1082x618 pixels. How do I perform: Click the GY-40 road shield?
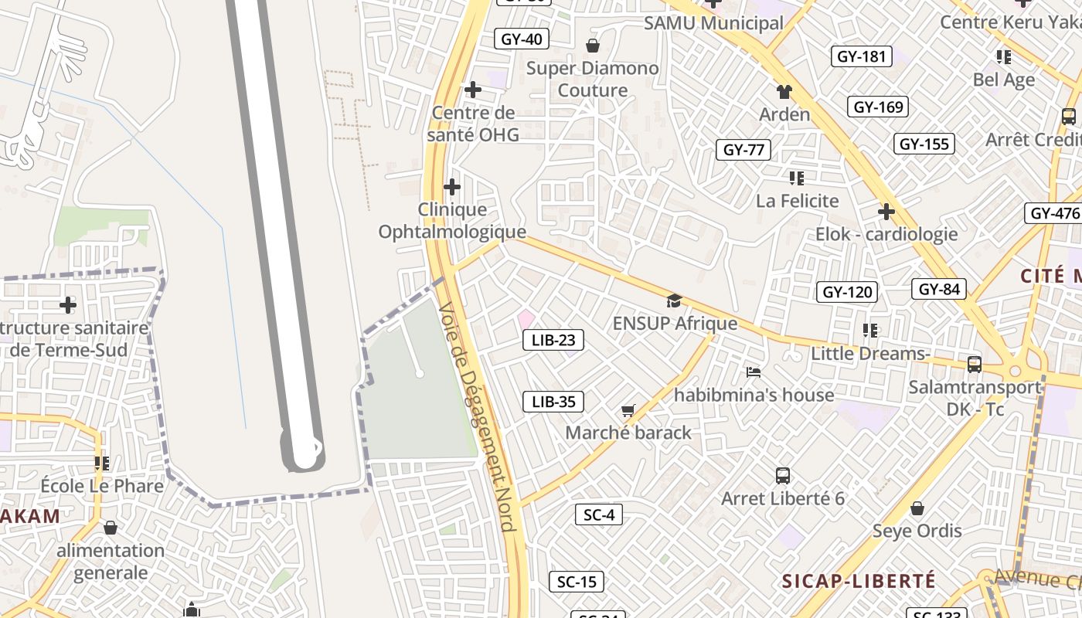click(x=522, y=39)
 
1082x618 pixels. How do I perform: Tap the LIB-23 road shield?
click(x=553, y=340)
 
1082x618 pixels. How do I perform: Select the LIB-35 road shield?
click(x=553, y=402)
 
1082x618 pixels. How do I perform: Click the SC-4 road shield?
click(x=598, y=514)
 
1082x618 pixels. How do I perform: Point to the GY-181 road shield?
click(x=861, y=56)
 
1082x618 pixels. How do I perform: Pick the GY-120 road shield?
click(x=847, y=292)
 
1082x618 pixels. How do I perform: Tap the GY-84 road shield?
click(x=939, y=290)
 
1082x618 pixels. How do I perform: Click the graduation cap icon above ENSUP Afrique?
click(x=674, y=301)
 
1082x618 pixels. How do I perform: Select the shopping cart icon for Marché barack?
click(x=628, y=411)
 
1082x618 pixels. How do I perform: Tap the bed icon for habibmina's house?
click(x=754, y=372)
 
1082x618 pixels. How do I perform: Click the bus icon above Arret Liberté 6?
click(x=783, y=476)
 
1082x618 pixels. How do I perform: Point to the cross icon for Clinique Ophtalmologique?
click(x=452, y=187)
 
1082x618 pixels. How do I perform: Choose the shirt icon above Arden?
click(x=784, y=92)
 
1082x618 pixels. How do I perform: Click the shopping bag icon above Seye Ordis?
click(x=917, y=508)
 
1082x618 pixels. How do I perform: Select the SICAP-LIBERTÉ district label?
click(x=859, y=581)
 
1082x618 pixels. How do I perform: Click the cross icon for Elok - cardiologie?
click(x=886, y=212)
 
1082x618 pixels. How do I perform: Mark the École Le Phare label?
click(x=102, y=486)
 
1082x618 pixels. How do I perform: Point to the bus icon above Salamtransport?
click(x=975, y=364)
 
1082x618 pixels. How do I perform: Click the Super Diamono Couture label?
click(x=593, y=79)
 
